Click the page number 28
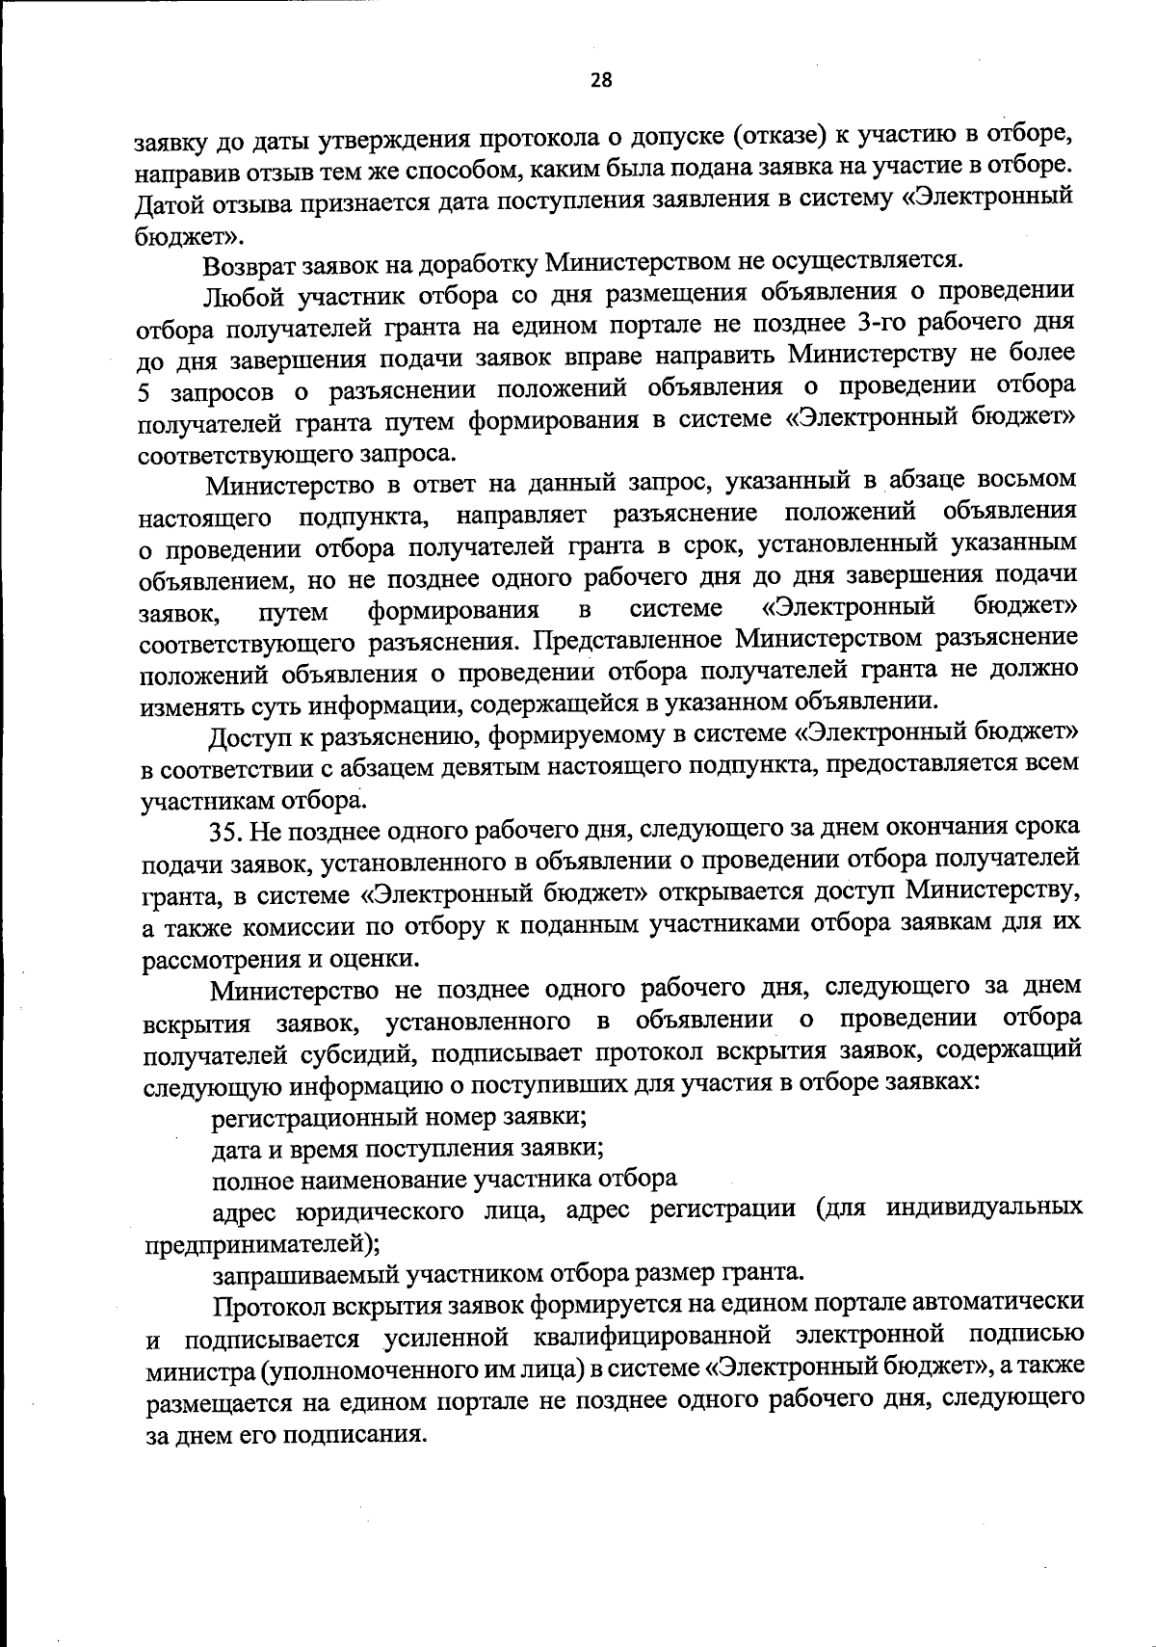pos(600,81)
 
